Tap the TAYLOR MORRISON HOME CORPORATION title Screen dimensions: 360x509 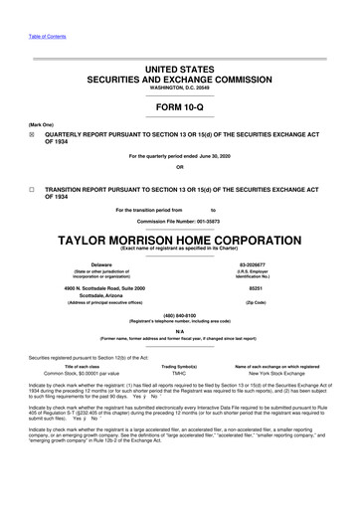coord(180,241)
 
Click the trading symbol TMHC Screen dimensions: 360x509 coord(180,373)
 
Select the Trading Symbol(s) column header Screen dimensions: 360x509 coord(180,365)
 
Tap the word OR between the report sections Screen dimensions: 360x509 coord(180,180)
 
